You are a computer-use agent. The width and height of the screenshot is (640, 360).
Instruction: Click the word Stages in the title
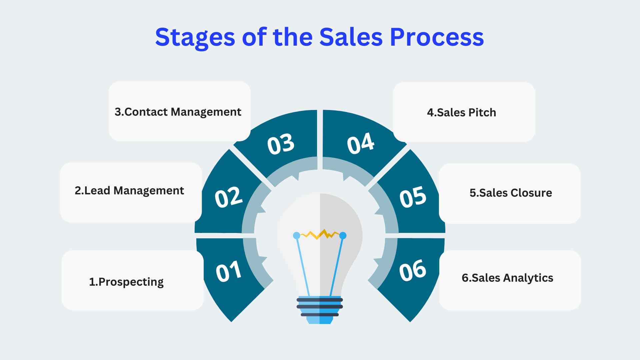click(x=195, y=38)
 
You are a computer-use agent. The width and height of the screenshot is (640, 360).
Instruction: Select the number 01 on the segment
click(x=228, y=271)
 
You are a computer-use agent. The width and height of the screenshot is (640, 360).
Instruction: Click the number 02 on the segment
click(x=228, y=197)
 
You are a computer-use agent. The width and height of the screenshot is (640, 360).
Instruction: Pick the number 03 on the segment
click(x=281, y=144)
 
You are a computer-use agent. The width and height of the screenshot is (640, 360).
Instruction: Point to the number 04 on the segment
click(x=360, y=143)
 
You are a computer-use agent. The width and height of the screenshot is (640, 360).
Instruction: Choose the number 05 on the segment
click(x=413, y=197)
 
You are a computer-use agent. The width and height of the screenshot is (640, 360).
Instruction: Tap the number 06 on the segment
click(x=413, y=270)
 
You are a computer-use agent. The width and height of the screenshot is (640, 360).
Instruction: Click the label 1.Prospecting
click(x=126, y=282)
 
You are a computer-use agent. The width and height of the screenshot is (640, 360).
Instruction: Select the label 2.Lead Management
click(x=129, y=191)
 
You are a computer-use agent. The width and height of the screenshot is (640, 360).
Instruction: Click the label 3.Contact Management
click(x=178, y=112)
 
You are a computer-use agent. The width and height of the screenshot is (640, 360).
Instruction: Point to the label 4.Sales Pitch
click(x=461, y=112)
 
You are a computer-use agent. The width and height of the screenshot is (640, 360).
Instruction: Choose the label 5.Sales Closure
click(x=511, y=193)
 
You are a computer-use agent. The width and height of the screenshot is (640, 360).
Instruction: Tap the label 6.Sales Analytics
click(x=507, y=278)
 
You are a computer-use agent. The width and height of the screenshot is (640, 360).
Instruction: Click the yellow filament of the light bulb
click(x=319, y=234)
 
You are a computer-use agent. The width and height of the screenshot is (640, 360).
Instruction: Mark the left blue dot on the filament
click(x=296, y=236)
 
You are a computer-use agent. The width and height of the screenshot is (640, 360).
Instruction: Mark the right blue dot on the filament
click(x=343, y=236)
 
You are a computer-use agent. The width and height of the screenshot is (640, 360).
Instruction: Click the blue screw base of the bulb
click(x=320, y=310)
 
